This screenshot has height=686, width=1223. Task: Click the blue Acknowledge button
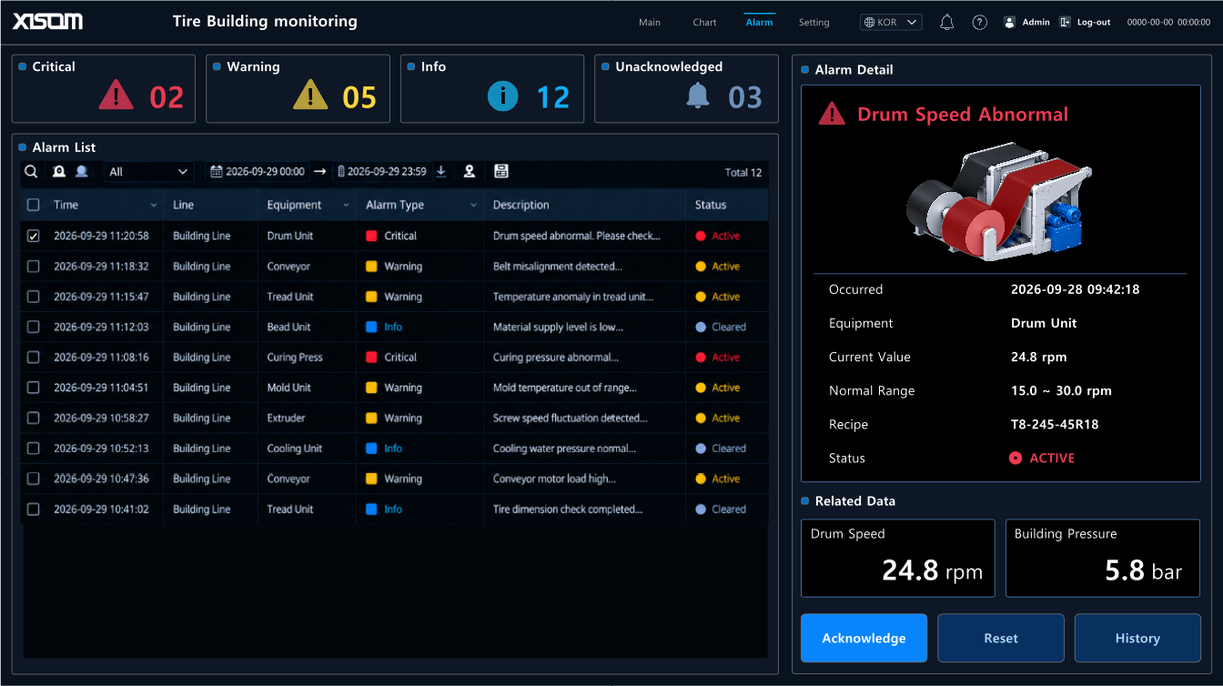coord(864,638)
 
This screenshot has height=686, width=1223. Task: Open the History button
coord(1137,638)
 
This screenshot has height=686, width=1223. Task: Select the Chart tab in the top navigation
coord(704,23)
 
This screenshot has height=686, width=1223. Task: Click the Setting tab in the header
coord(814,23)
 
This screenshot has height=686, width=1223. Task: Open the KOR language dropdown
coord(891,23)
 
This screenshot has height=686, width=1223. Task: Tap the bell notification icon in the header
coord(946,23)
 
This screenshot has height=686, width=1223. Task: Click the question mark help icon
coord(979,23)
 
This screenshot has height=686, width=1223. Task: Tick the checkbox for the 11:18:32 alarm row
coord(34,267)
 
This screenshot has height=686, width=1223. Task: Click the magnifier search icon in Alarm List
coord(31,171)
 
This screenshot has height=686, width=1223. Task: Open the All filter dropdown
coord(148,172)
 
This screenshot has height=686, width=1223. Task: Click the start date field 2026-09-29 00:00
coord(258,172)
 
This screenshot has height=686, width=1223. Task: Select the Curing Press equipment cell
coord(295,358)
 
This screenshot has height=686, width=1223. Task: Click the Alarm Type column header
coord(395,205)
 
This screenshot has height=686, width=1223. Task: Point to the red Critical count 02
coord(167,97)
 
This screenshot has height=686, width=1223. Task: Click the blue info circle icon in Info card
coord(502,96)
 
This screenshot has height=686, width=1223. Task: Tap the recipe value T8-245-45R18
coord(1055,425)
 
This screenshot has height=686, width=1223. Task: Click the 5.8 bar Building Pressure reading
coord(1143,570)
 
